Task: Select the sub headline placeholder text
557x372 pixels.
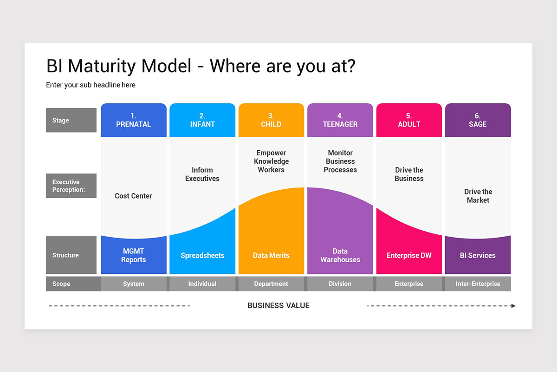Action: [x=91, y=85]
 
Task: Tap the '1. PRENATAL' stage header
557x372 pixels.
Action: [x=133, y=120]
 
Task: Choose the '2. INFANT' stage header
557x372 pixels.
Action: [x=202, y=120]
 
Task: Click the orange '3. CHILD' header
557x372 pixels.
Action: [x=271, y=120]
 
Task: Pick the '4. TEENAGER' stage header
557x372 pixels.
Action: [x=340, y=120]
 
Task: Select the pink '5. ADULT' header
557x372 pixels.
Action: [x=409, y=120]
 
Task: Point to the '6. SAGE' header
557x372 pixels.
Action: [x=478, y=120]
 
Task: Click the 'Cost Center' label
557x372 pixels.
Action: [x=133, y=196]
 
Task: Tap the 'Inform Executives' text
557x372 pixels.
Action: [x=202, y=174]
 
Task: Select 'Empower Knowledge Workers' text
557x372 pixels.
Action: [x=271, y=161]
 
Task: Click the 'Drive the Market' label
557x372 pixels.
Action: [x=478, y=196]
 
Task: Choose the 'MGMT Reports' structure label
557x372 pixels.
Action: [x=133, y=255]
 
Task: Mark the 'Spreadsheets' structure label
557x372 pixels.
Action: [x=202, y=255]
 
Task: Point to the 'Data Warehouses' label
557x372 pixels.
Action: [x=340, y=255]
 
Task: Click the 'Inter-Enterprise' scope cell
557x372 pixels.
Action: [x=478, y=284]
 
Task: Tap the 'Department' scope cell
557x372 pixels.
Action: [x=271, y=284]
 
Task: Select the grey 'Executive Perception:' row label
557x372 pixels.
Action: [x=71, y=186]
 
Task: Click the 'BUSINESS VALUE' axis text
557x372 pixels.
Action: [x=278, y=306]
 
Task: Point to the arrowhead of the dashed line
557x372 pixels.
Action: [x=513, y=306]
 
